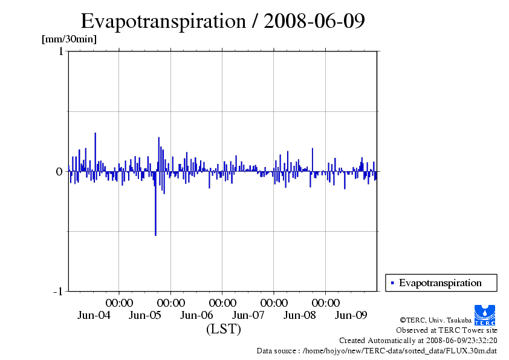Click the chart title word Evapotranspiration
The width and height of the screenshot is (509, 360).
coord(162,21)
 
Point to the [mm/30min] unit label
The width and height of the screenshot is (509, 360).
coord(69,39)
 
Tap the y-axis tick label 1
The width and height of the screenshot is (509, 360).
coord(60,51)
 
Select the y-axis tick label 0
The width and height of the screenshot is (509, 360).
coord(59,172)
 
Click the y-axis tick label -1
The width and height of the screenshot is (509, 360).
coord(58,292)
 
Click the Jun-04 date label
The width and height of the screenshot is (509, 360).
coord(94,315)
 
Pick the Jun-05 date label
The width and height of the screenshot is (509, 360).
coord(146,315)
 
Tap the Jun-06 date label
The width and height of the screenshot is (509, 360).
coord(197,315)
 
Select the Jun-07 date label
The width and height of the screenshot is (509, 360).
coord(248,315)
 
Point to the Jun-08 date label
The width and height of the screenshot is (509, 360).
coord(300,315)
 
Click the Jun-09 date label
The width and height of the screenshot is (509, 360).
coord(351,315)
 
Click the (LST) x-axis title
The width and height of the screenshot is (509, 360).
coord(223,330)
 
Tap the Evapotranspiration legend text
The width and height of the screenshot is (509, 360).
coord(440,283)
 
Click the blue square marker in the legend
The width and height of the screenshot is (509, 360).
coord(393,283)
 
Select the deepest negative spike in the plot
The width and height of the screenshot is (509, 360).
coord(155,234)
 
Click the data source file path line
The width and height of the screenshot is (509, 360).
coord(377,350)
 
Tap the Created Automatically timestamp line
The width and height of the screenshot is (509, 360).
coord(418,341)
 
